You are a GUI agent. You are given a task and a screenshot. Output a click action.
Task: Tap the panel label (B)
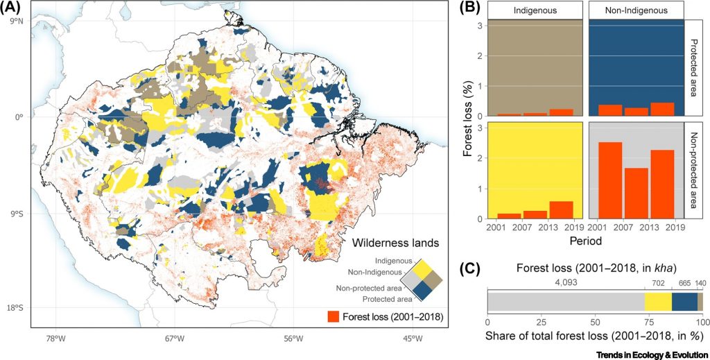(469, 8)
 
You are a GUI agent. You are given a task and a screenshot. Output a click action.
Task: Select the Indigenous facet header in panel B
(533, 10)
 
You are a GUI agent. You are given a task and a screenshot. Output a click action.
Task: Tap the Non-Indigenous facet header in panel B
(636, 10)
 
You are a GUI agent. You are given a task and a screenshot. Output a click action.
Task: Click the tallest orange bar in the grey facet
(609, 180)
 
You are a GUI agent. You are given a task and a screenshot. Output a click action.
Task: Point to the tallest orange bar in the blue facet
(663, 109)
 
